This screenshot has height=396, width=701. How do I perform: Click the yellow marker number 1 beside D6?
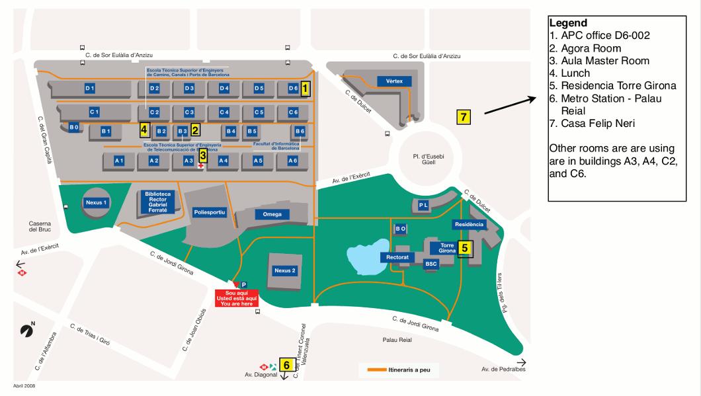click(x=305, y=89)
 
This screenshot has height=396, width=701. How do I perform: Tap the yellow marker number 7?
click(x=464, y=118)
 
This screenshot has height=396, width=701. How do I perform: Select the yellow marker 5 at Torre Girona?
click(x=465, y=249)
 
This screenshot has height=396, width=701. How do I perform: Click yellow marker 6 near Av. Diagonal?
click(x=286, y=364)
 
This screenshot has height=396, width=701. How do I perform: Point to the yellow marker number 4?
click(x=144, y=130)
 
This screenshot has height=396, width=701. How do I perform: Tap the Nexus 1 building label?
click(x=96, y=202)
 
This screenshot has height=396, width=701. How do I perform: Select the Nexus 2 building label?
click(x=285, y=270)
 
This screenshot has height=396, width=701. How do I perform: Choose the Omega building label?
click(x=272, y=214)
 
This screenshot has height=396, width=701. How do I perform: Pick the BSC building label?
click(x=432, y=263)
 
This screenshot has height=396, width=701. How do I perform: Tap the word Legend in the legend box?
click(x=568, y=23)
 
